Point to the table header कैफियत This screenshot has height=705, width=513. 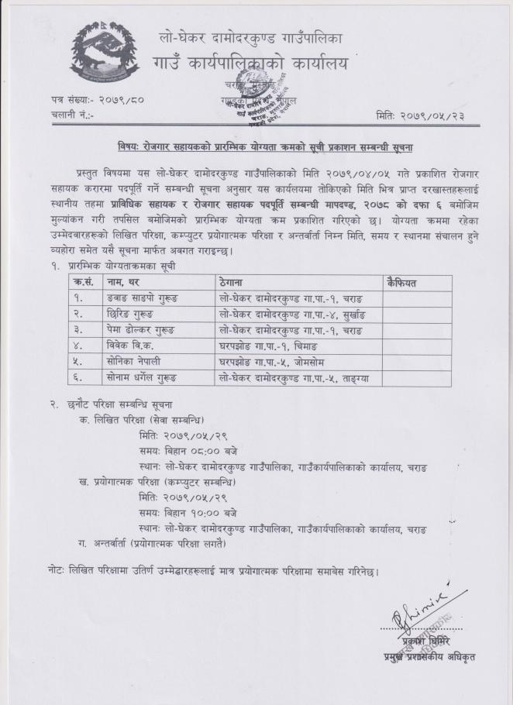pos(402,284)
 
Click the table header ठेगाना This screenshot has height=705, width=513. pos(233,284)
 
